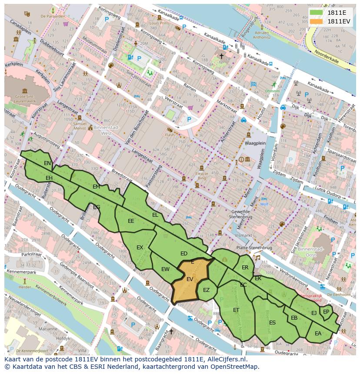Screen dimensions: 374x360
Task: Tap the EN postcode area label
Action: [x=47, y=163]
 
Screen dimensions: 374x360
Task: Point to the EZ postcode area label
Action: [x=207, y=290]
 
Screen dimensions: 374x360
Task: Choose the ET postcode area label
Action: [x=236, y=310]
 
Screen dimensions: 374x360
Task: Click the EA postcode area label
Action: [x=318, y=334]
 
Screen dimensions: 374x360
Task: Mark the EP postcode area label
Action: [x=326, y=311]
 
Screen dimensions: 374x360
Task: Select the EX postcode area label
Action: [x=140, y=248]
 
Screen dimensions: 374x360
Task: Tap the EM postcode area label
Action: [x=96, y=187]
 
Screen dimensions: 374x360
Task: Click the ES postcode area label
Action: [x=272, y=323]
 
